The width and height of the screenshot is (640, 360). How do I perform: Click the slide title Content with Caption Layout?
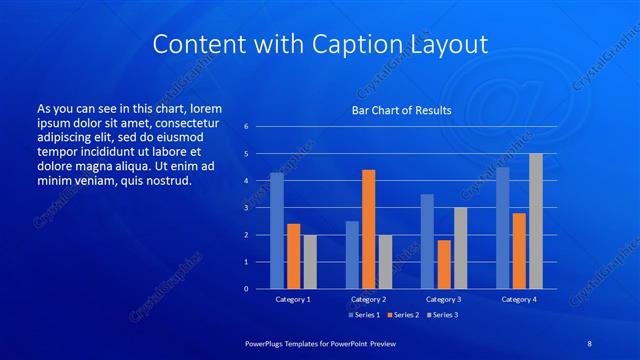click(x=320, y=44)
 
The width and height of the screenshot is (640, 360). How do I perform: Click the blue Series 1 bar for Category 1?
click(x=277, y=231)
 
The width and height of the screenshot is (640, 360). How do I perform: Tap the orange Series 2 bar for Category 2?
click(x=369, y=229)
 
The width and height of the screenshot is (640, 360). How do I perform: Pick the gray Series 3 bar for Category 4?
click(x=536, y=221)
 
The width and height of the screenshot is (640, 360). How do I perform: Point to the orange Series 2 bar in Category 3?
click(x=444, y=264)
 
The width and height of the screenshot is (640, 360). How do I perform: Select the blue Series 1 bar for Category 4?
click(x=503, y=228)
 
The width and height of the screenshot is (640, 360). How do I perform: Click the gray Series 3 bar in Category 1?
click(x=310, y=261)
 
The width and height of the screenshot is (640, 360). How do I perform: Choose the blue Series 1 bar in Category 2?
click(x=352, y=254)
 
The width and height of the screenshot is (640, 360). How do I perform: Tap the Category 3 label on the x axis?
click(x=444, y=299)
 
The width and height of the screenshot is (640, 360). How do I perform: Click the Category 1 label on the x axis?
click(x=293, y=299)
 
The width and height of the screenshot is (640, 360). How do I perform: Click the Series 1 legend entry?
click(x=364, y=315)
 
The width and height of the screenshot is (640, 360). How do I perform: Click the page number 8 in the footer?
click(x=590, y=344)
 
